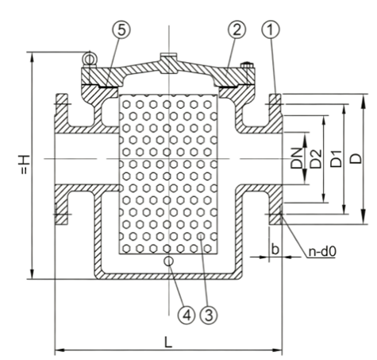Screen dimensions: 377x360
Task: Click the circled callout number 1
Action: point(271,29)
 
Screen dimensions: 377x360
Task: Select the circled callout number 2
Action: point(237,29)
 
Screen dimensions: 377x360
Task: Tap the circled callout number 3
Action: point(209,315)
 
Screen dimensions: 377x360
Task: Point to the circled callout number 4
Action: point(187,315)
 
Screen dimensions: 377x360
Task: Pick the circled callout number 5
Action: point(121,29)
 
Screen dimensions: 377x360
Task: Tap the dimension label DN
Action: point(296,158)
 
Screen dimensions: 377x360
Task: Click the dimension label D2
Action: point(316,159)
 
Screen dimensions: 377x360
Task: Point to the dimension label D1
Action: point(337,158)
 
